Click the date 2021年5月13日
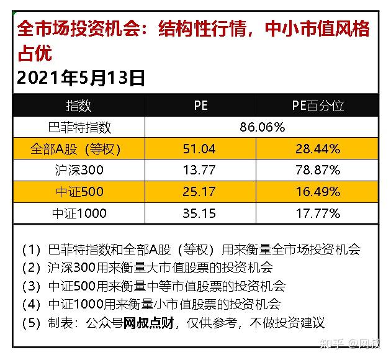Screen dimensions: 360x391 click(81, 78)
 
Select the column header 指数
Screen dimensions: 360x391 click(78, 105)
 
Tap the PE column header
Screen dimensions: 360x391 click(200, 105)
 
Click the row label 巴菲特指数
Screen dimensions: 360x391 click(79, 127)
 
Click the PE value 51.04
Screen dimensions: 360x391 click(200, 149)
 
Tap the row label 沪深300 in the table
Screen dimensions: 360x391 click(79, 170)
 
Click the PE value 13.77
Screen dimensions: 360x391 click(200, 170)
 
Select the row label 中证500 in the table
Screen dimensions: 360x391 click(79, 192)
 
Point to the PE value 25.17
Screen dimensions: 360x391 click(200, 192)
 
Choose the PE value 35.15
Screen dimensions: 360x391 click(200, 214)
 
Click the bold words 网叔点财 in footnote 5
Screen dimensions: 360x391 click(149, 323)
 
